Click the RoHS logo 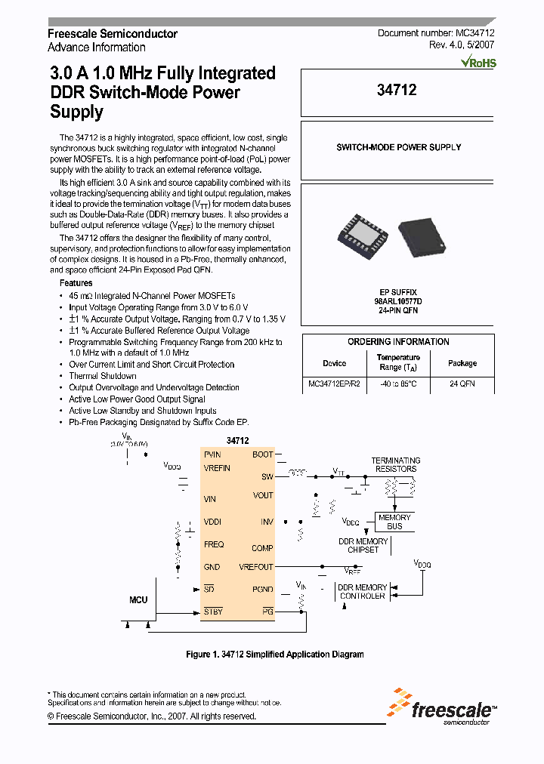pos(478,63)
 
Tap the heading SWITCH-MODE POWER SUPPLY pos(398,147)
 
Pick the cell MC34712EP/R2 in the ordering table pos(334,384)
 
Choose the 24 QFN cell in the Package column pos(462,384)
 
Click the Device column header pos(334,363)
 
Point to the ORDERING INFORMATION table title pos(398,342)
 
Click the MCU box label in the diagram pos(138,599)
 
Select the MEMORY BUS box pos(394,522)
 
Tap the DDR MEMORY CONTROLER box pos(362,592)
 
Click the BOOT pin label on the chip pos(263,454)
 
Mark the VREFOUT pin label pos(256,566)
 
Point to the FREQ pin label pos(214,544)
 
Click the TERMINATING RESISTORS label pos(396,464)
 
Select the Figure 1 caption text pos(274,654)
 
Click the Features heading pos(76,283)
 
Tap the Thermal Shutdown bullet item pos(103,376)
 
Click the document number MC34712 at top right pos(436,34)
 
